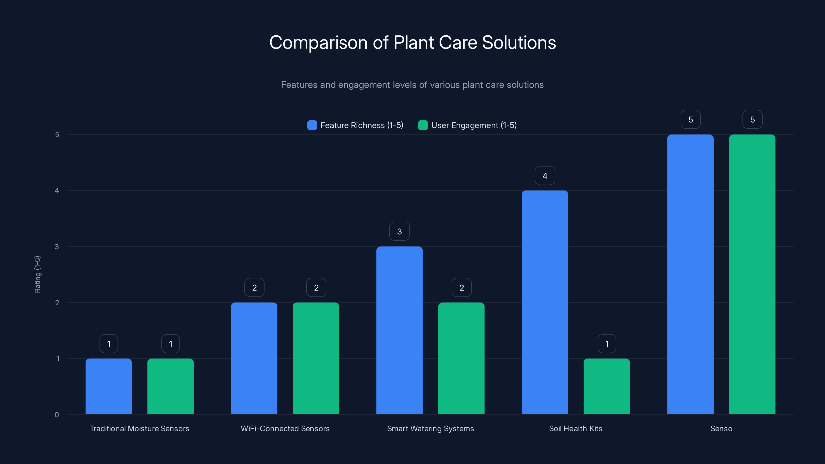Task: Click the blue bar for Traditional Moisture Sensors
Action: [109, 386]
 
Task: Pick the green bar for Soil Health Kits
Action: [607, 386]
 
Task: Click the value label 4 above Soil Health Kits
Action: [545, 176]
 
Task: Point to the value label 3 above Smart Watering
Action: [399, 231]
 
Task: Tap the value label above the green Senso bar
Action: [752, 119]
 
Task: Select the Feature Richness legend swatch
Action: [312, 125]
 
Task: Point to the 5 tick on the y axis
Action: [57, 135]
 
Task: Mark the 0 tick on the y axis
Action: [57, 415]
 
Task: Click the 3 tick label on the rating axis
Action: [57, 247]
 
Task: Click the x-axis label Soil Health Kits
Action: [575, 428]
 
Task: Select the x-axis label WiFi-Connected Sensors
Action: [285, 428]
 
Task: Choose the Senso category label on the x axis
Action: [721, 428]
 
